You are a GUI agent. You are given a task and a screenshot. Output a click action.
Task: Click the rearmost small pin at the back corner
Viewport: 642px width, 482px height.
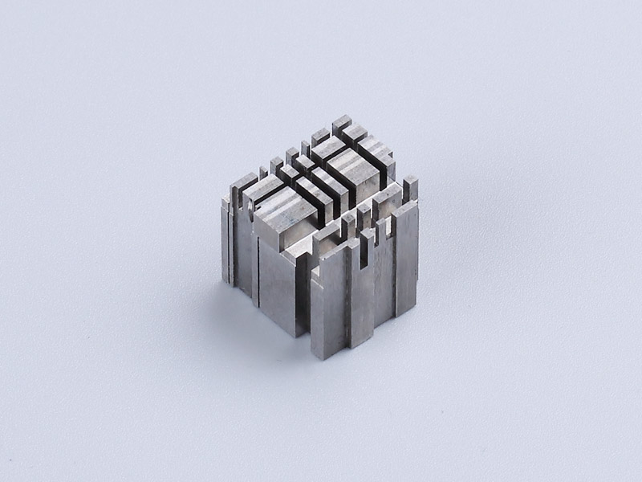[342, 121]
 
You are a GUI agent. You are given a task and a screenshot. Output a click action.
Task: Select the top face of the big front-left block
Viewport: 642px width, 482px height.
[284, 214]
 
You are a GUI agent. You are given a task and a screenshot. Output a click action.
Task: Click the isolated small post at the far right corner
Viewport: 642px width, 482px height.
[410, 187]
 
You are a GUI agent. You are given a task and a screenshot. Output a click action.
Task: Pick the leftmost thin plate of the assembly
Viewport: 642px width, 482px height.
[226, 241]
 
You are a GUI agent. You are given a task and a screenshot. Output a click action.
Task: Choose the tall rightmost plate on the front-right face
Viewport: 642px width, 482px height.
[407, 257]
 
